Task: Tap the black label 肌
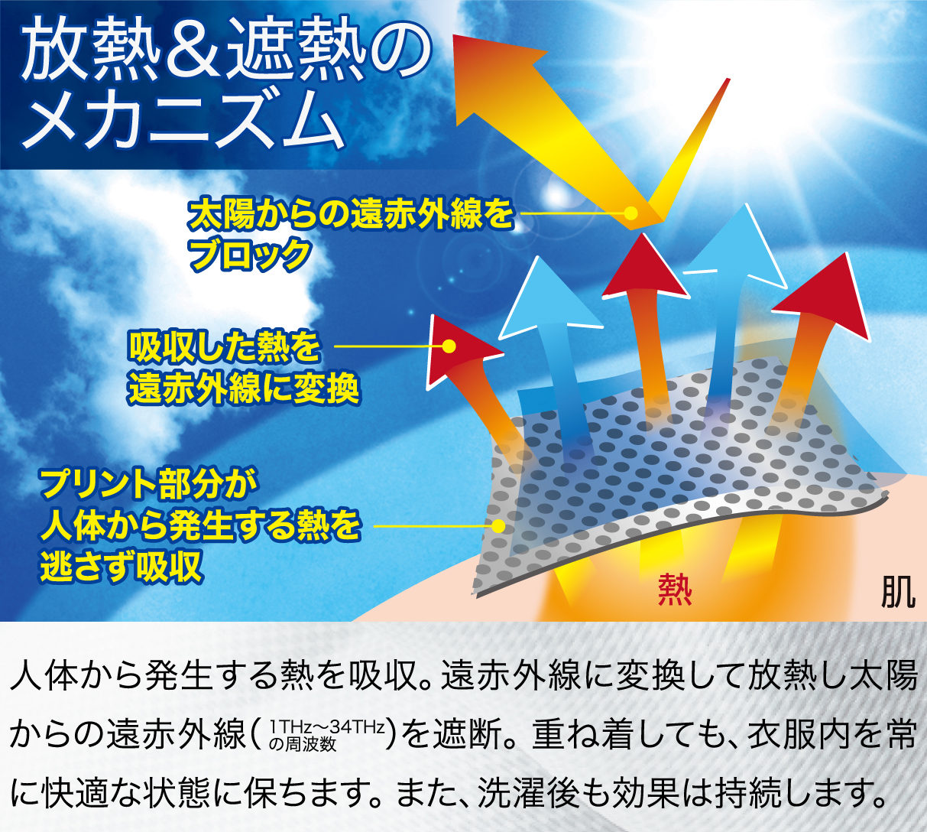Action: pyautogui.click(x=899, y=591)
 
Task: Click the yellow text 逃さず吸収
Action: pyautogui.click(x=122, y=566)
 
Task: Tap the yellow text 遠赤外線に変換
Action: pyautogui.click(x=244, y=389)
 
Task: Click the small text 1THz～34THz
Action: pyautogui.click(x=326, y=728)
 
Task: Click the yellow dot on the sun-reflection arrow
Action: pyautogui.click(x=631, y=213)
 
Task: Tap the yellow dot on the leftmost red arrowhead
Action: pyautogui.click(x=450, y=346)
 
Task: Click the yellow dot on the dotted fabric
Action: pyautogui.click(x=500, y=526)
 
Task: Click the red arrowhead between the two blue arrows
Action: pyautogui.click(x=644, y=270)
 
